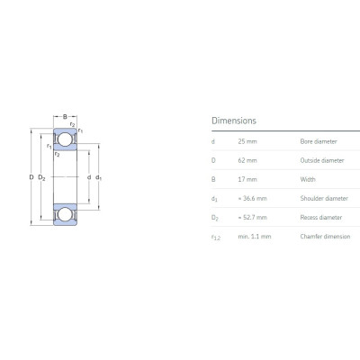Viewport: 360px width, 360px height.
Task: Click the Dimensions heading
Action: pyautogui.click(x=234, y=121)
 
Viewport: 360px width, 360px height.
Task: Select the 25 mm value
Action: pyautogui.click(x=247, y=141)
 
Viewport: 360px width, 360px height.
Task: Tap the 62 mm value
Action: pyautogui.click(x=247, y=160)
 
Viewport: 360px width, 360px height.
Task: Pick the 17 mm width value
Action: pyautogui.click(x=247, y=179)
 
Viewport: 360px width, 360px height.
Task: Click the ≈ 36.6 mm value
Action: pyautogui.click(x=252, y=198)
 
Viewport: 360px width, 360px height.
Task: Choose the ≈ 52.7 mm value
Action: pyautogui.click(x=252, y=217)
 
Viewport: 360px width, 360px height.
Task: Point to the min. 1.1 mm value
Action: pyautogui.click(x=255, y=237)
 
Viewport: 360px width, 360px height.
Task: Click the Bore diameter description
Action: pyautogui.click(x=319, y=141)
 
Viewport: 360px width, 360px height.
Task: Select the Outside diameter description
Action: pyautogui.click(x=322, y=160)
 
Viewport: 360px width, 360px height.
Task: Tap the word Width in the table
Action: pyautogui.click(x=308, y=179)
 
